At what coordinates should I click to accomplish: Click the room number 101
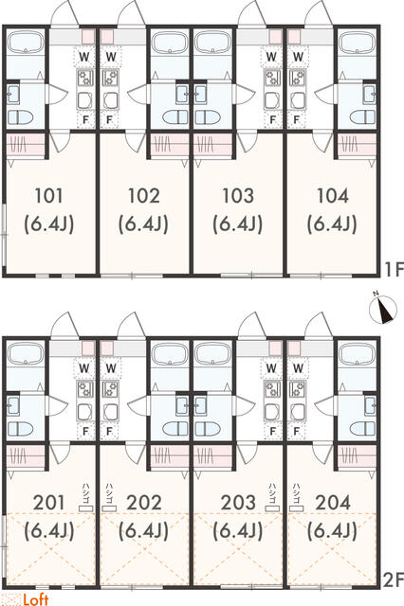click(x=48, y=196)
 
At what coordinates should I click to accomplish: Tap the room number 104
click(x=333, y=196)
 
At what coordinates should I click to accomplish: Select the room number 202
click(x=144, y=503)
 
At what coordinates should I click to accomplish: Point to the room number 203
click(x=238, y=503)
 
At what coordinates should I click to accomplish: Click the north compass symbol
click(x=383, y=310)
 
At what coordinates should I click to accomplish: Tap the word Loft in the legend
click(x=36, y=599)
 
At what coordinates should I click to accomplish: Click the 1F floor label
click(x=394, y=269)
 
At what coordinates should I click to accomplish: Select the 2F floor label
click(x=394, y=579)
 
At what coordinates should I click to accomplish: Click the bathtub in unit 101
click(x=26, y=42)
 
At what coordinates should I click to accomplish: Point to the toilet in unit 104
click(x=362, y=117)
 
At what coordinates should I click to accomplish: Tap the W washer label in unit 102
click(x=111, y=57)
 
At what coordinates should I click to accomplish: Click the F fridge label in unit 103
click(x=273, y=120)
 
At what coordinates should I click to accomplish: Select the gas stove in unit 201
click(x=85, y=389)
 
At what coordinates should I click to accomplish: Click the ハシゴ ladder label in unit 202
click(x=109, y=492)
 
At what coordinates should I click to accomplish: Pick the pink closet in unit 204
click(x=357, y=456)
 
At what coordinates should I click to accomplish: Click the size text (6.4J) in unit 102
click(x=143, y=224)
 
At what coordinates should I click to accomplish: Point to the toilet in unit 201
click(x=20, y=429)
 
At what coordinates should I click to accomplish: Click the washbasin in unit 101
click(x=14, y=95)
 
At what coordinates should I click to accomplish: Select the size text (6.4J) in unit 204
click(x=333, y=531)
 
